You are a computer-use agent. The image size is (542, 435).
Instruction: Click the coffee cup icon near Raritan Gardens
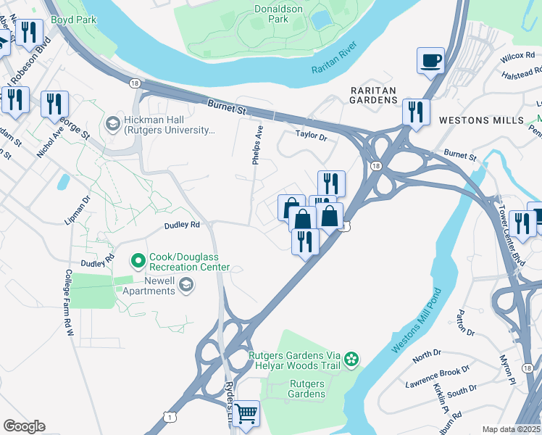[x=430, y=60]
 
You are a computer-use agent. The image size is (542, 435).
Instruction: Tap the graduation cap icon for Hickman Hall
[x=112, y=124]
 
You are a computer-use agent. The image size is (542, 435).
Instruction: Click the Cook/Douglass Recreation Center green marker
[x=138, y=259]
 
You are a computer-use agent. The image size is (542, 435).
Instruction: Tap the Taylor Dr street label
[x=312, y=135]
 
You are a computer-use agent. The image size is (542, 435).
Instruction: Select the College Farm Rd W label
[x=70, y=302]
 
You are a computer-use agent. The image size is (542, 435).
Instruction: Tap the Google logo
[x=24, y=426]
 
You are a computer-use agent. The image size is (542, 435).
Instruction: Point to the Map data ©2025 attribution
[x=511, y=429]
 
